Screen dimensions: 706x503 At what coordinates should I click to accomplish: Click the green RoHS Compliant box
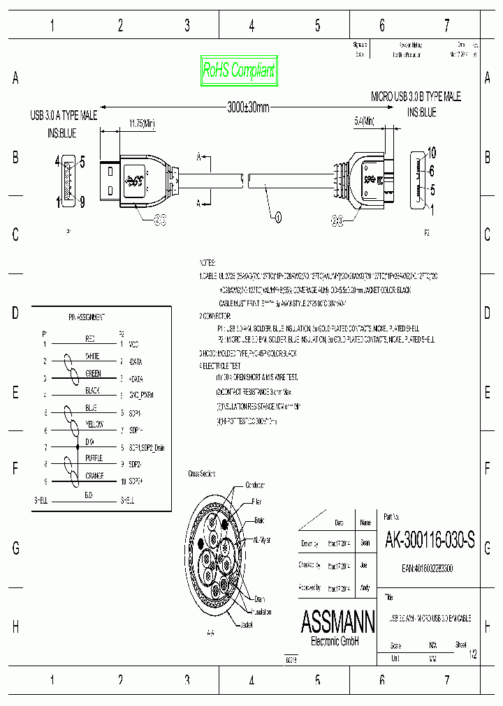[238, 70]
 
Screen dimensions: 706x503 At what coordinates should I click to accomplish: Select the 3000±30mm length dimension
[248, 107]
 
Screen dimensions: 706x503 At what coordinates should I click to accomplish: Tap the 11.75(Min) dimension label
[142, 123]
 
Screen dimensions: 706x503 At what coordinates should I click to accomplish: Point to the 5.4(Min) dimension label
[364, 121]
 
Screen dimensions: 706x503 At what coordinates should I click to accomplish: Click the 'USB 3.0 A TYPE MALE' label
[64, 115]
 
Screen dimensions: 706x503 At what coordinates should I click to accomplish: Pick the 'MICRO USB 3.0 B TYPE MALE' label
[416, 97]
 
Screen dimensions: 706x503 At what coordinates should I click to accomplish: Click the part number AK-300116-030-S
[430, 539]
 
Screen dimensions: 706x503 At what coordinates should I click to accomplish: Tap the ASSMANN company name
[337, 619]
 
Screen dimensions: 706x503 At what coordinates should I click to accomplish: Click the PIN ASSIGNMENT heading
[87, 317]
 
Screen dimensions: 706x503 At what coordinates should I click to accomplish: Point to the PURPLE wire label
[94, 458]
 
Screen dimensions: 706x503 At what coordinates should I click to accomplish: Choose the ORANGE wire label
[94, 476]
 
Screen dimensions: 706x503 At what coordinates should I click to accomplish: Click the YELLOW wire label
[94, 424]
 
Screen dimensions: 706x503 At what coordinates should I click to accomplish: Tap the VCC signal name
[134, 344]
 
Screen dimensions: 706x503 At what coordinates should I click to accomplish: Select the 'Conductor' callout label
[255, 486]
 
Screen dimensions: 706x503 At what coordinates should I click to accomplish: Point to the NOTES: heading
[207, 263]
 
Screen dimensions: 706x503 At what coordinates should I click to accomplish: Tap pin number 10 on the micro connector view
[432, 153]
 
